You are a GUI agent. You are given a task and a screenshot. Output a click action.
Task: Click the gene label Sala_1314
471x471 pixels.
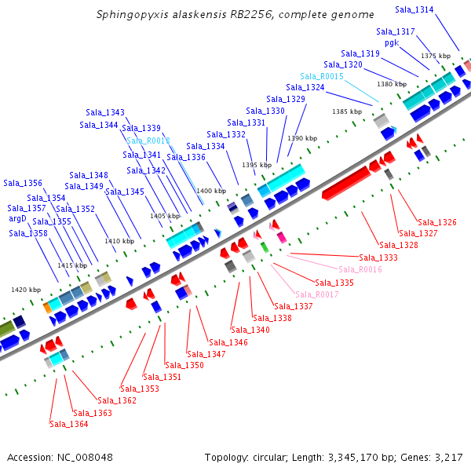[x=436, y=9]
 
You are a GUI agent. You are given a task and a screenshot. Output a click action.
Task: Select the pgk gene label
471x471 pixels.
[x=392, y=42]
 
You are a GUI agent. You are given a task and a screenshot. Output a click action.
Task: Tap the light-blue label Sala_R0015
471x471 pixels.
[x=322, y=76]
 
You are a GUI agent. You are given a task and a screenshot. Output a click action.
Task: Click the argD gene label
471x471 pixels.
[x=17, y=219]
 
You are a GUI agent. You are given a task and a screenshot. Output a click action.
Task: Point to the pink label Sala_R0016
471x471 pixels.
[x=360, y=269]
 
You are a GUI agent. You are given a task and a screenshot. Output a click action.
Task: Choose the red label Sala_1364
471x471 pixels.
[x=69, y=424]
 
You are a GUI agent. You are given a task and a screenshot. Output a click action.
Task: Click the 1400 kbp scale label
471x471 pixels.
[x=211, y=191]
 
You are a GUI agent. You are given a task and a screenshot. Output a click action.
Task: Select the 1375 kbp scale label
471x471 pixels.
[x=436, y=56]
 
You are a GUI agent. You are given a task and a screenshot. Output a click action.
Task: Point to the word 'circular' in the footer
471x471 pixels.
[x=273, y=457]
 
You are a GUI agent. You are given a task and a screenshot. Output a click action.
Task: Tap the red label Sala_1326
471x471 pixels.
[x=437, y=222]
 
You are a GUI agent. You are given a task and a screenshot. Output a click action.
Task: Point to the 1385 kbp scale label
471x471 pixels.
[x=347, y=111]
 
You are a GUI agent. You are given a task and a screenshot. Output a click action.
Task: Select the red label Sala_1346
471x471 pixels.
[x=228, y=342]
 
